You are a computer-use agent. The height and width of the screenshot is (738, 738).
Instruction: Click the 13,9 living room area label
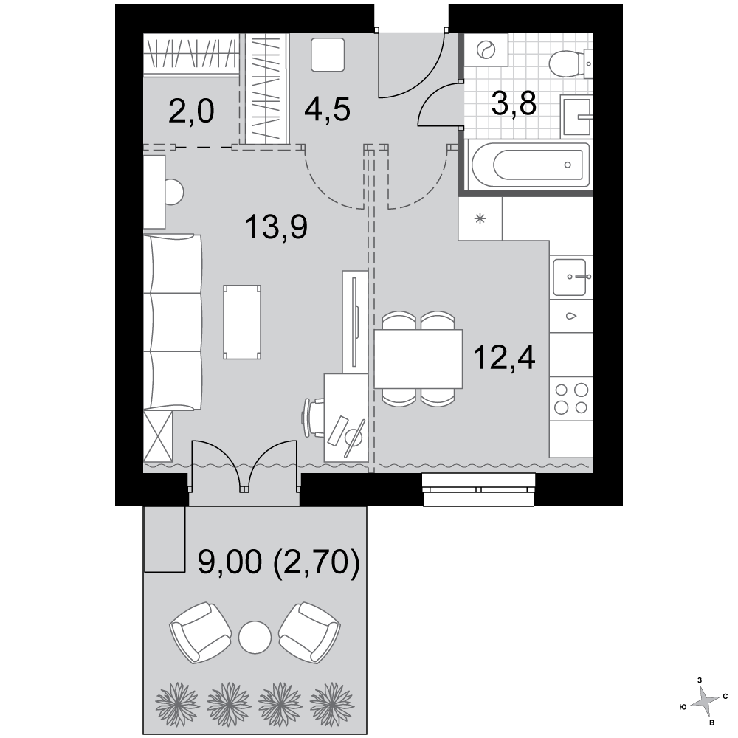coord(276,227)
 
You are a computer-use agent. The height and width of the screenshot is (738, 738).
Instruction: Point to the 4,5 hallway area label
coord(327,109)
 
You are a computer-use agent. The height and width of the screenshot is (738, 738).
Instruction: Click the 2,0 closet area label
coord(191,112)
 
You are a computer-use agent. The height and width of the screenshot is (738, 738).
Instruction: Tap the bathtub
coord(530,165)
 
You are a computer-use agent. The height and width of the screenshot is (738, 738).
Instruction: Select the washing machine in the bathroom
coord(486,49)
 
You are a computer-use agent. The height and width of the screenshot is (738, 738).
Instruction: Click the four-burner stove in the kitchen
coord(571,399)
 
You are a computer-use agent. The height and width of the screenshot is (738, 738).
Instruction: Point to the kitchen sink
coord(571,277)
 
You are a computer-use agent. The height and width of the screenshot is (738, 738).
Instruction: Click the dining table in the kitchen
coord(418,359)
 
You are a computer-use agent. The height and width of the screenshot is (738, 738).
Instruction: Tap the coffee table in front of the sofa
coord(242,322)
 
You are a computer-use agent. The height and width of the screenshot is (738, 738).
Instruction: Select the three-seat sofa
coord(173,323)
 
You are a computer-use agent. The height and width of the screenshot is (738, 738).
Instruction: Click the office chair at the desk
coord(313,417)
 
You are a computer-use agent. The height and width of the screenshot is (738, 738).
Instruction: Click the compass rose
coord(705,700)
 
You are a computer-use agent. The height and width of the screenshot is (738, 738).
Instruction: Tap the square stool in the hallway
coord(328,55)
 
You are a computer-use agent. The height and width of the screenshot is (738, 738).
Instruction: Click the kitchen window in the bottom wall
coord(478,489)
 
